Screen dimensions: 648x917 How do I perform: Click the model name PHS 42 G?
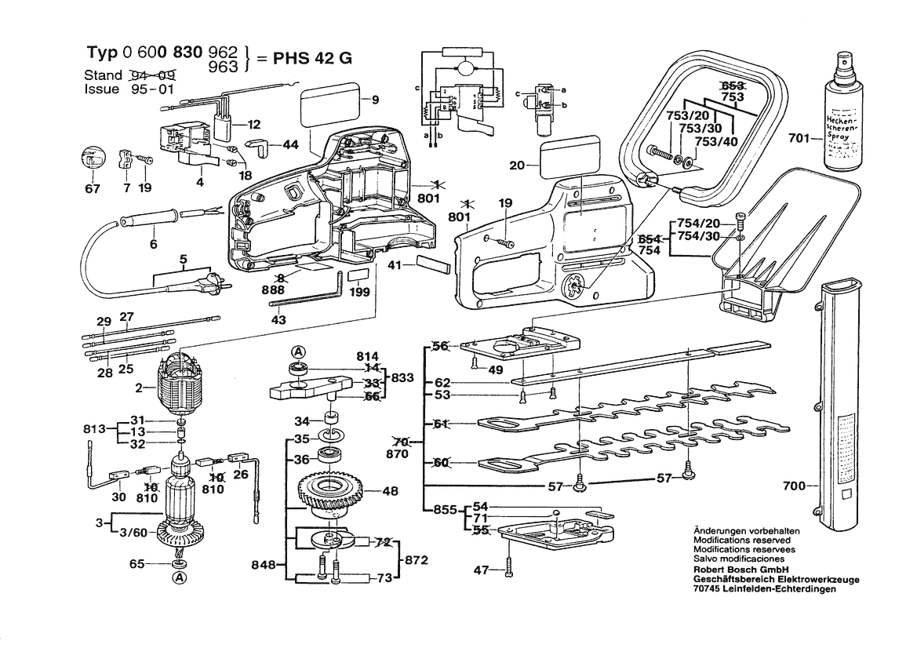point(311,59)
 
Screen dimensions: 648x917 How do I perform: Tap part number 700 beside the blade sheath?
point(795,486)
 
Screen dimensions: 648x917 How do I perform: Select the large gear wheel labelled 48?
point(329,494)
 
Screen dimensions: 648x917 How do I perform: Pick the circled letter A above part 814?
point(299,351)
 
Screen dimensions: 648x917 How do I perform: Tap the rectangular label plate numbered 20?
point(569,155)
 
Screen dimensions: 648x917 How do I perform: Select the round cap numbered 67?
point(93,159)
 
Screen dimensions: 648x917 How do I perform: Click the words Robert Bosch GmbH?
point(741,570)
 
